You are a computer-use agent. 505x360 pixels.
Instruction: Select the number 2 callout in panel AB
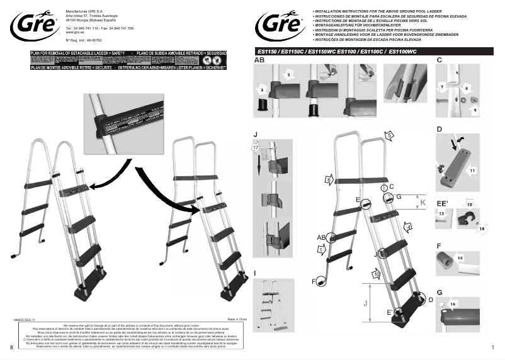[288, 75]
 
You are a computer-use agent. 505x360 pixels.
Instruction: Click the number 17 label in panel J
[256, 147]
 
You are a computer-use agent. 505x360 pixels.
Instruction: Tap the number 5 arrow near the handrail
[389, 135]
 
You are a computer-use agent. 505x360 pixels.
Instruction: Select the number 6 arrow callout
[329, 181]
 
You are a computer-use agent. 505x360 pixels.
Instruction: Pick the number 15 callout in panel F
[460, 258]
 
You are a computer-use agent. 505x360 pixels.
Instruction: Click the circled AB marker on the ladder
[322, 237]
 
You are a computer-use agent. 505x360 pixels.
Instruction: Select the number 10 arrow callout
[376, 274]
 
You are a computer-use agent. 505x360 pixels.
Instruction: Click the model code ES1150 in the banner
[266, 50]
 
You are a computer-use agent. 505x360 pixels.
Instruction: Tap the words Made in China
[237, 320]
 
